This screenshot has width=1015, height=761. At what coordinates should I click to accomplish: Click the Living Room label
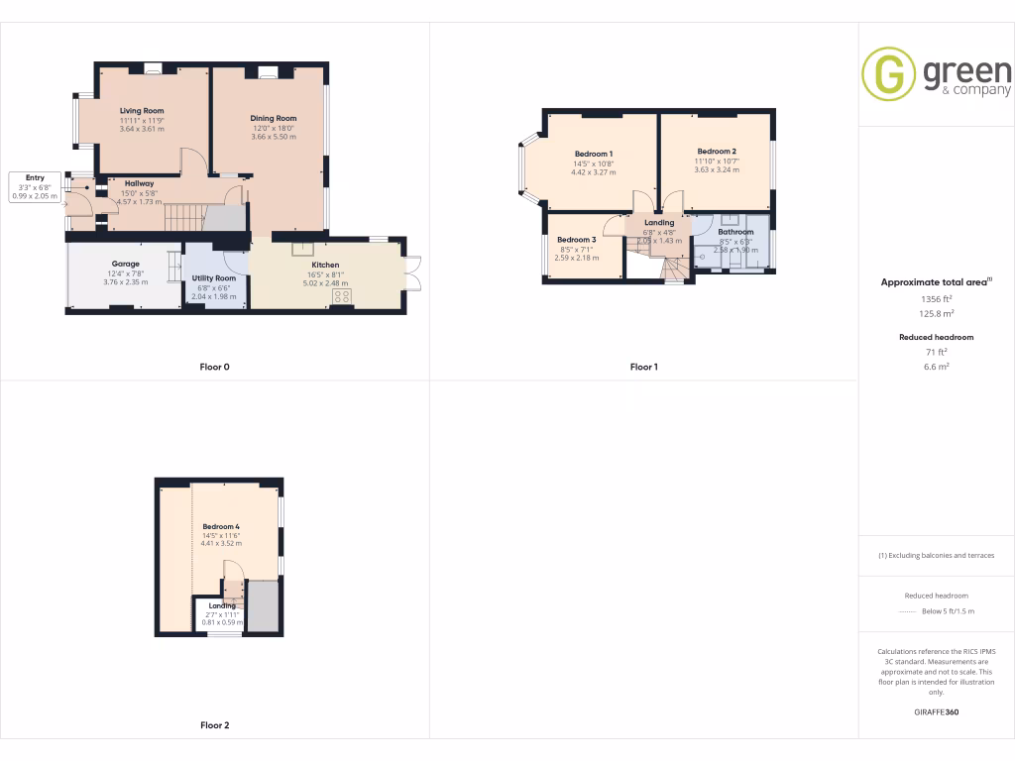pyautogui.click(x=142, y=111)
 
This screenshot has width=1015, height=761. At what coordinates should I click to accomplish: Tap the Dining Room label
pyautogui.click(x=274, y=118)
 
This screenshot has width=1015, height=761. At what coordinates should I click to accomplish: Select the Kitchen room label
pyautogui.click(x=325, y=265)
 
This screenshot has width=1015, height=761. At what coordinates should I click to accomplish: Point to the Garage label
pyautogui.click(x=125, y=264)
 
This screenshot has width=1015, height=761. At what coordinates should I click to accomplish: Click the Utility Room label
pyautogui.click(x=213, y=278)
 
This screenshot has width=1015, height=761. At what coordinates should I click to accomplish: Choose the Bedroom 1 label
pyautogui.click(x=594, y=154)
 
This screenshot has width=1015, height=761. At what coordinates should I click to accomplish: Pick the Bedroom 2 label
pyautogui.click(x=716, y=152)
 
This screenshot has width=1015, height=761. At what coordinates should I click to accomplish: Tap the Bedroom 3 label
pyautogui.click(x=576, y=240)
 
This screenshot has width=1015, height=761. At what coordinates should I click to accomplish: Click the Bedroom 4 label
pyautogui.click(x=221, y=526)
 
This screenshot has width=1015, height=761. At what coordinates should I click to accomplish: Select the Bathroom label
pyautogui.click(x=735, y=232)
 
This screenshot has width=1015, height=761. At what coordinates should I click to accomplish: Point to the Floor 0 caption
pyautogui.click(x=214, y=367)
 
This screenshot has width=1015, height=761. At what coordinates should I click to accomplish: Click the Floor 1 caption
pyautogui.click(x=643, y=367)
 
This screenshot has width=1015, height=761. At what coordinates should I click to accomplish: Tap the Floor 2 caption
pyautogui.click(x=214, y=725)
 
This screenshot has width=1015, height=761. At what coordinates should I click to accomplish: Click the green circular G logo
pyautogui.click(x=888, y=73)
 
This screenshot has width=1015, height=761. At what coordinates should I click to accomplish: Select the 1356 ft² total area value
pyautogui.click(x=937, y=298)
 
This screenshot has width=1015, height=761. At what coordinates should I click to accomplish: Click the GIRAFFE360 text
pyautogui.click(x=937, y=711)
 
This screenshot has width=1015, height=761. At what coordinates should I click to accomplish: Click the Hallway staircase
pyautogui.click(x=184, y=217)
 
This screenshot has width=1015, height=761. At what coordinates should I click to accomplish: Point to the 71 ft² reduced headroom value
pyautogui.click(x=937, y=352)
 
